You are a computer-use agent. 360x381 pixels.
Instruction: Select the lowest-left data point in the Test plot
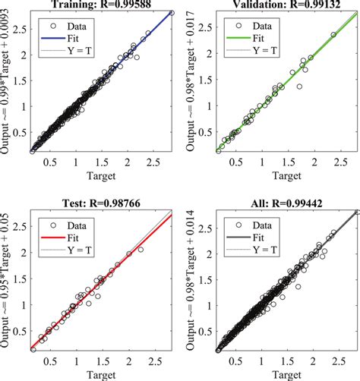33,349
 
